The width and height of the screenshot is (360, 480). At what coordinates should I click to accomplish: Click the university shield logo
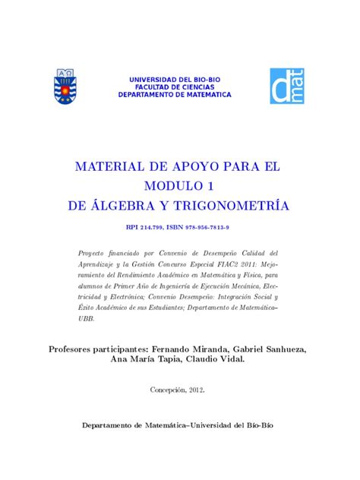click(x=63, y=86)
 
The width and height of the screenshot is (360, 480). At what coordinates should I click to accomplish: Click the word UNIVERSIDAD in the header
click(x=155, y=79)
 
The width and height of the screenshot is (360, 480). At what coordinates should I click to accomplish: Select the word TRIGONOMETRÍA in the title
click(x=243, y=206)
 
